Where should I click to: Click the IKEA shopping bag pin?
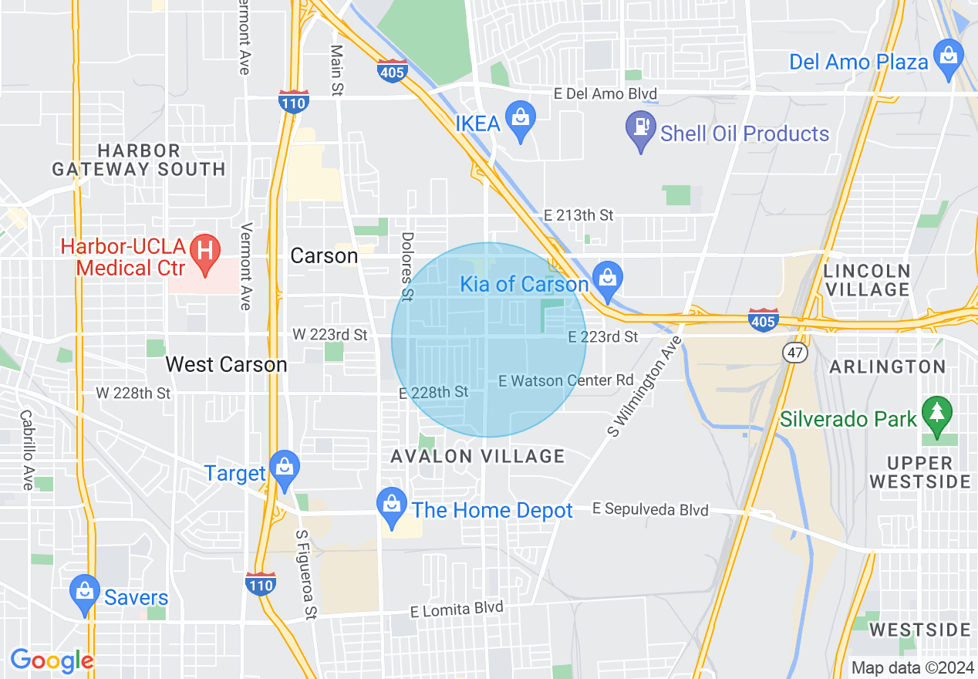click(521, 119)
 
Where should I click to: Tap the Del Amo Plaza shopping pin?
click(948, 58)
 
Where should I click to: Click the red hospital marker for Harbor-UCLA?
click(205, 252)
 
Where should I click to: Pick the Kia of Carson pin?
click(608, 279)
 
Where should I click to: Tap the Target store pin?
click(285, 468)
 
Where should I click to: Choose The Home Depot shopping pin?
click(392, 505)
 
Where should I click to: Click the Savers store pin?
click(85, 593)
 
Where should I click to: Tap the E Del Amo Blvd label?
click(605, 94)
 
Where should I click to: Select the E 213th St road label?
click(578, 215)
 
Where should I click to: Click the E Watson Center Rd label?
click(565, 380)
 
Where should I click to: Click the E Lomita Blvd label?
click(457, 610)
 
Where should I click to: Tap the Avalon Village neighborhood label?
click(477, 456)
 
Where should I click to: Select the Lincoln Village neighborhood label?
click(867, 280)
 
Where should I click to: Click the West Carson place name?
click(226, 364)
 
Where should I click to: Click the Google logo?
click(52, 660)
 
